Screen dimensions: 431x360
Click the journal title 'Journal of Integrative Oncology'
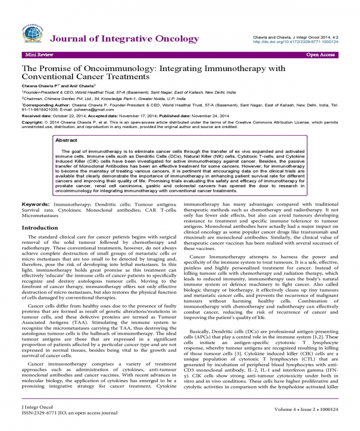[124, 39]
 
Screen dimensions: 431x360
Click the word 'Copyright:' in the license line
[32, 122]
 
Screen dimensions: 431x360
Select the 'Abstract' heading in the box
[66, 140]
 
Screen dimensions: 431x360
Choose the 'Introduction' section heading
[44, 227]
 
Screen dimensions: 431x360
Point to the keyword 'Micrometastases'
[41, 216]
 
